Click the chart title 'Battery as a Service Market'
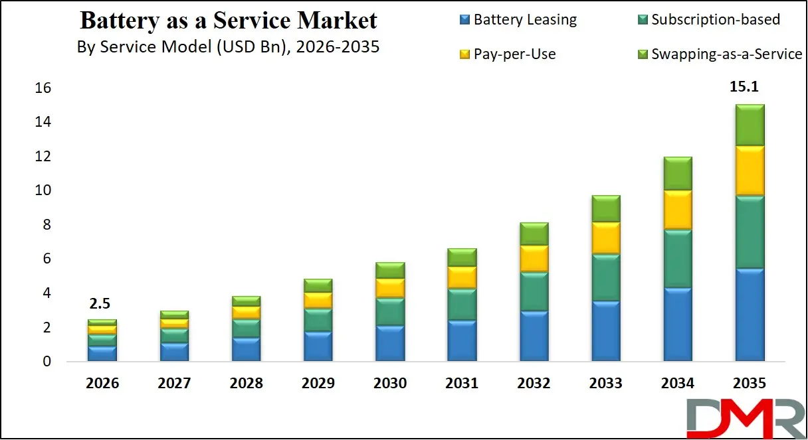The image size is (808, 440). (228, 21)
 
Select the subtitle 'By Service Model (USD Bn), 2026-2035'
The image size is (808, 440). (228, 47)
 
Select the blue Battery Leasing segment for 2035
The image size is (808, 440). (749, 315)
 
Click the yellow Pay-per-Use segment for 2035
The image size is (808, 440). (749, 171)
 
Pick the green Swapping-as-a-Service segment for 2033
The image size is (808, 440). (605, 209)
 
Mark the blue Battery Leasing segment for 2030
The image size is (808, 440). (390, 343)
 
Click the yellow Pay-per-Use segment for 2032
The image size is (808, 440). (534, 258)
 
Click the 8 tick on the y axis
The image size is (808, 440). (47, 225)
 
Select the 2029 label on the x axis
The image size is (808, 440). (318, 384)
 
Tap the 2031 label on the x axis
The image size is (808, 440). (462, 384)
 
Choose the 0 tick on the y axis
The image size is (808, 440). (47, 362)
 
